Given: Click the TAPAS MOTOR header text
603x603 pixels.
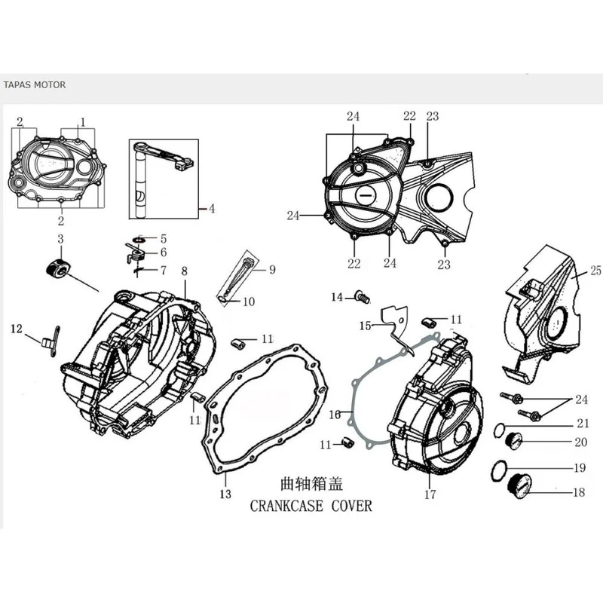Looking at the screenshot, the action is coord(35,84).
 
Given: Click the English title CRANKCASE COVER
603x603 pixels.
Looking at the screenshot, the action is coord(311,506).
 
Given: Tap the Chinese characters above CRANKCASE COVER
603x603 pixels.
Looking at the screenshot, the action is coord(311,484).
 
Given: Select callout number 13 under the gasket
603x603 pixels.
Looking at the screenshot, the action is coord(225,494).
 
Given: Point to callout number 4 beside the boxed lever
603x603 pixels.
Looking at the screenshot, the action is coord(212,209).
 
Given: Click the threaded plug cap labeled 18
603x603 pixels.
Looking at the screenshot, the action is coord(520,486).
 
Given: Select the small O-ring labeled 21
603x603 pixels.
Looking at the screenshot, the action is coord(500,430).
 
